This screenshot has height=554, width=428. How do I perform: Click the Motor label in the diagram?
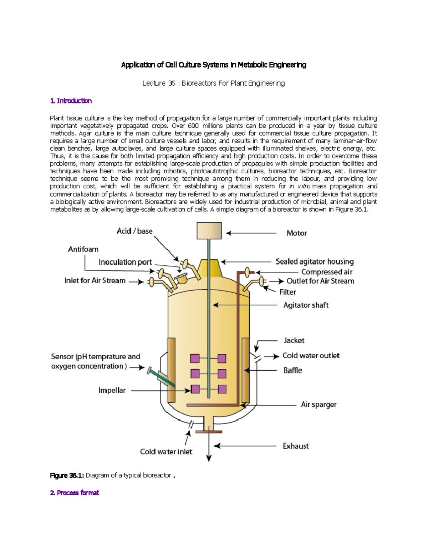(296, 233)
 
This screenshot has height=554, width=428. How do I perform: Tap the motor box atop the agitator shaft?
(209, 230)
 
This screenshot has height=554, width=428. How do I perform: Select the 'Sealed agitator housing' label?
(314, 261)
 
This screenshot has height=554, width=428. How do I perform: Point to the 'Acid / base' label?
(134, 231)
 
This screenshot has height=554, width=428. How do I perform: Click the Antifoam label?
(83, 249)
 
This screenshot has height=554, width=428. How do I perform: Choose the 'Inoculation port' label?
(125, 262)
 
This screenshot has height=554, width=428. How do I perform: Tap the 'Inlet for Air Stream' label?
(95, 280)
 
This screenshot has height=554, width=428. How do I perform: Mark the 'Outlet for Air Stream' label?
(320, 281)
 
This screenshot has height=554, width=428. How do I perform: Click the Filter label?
(287, 292)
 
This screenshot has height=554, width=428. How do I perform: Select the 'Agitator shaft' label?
(306, 305)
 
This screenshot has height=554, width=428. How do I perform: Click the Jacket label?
(294, 340)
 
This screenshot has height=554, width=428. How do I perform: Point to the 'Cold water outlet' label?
(311, 355)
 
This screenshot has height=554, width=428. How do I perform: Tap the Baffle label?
(292, 370)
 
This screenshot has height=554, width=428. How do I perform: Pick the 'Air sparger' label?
(319, 404)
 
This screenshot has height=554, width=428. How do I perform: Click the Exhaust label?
(296, 446)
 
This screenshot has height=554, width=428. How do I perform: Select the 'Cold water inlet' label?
(166, 452)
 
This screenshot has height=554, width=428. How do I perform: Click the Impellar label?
(112, 390)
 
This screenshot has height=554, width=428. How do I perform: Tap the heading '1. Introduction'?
(71, 101)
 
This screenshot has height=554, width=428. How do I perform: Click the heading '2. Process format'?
(75, 493)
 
